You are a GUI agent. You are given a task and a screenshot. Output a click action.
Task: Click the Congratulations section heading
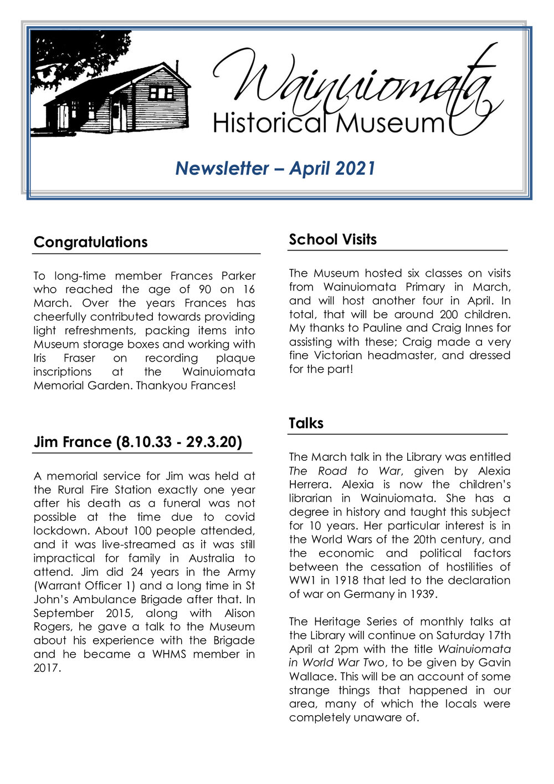click(90, 242)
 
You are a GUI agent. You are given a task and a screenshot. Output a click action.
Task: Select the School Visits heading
click(332, 240)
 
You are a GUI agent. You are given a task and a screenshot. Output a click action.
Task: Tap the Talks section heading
click(306, 424)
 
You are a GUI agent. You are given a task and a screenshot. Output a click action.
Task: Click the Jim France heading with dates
click(137, 442)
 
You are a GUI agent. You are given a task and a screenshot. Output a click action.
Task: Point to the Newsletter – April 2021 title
click(275, 168)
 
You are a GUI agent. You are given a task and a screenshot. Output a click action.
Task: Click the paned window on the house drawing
click(161, 93)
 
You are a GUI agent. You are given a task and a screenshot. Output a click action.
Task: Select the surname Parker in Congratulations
click(238, 276)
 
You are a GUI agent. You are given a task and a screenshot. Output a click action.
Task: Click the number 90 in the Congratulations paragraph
click(204, 289)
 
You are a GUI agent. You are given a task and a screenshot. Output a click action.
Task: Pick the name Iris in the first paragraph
click(40, 358)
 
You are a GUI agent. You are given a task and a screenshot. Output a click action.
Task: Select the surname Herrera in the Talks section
click(310, 485)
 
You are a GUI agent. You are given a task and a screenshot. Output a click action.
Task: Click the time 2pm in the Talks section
click(346, 649)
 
